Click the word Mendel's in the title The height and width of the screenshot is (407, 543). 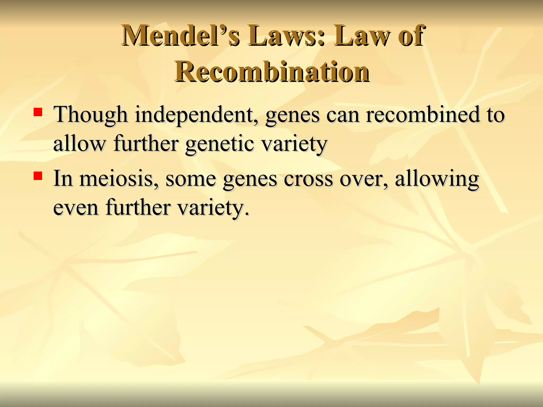point(181,36)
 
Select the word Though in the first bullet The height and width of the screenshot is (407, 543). point(90,115)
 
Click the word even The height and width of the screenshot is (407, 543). point(76,207)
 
